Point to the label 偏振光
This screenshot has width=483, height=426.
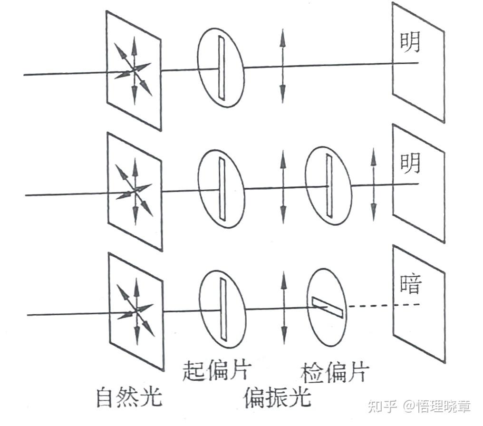coord(277,397)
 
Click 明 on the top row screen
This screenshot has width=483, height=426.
coord(409,42)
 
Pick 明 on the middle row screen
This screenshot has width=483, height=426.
coord(410,163)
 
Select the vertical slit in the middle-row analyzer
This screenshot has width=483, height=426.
coord(328,185)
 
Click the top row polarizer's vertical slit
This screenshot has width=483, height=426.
coord(221,67)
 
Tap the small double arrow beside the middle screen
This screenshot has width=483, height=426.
coord(373,184)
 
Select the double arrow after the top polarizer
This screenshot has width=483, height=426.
coord(283,66)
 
